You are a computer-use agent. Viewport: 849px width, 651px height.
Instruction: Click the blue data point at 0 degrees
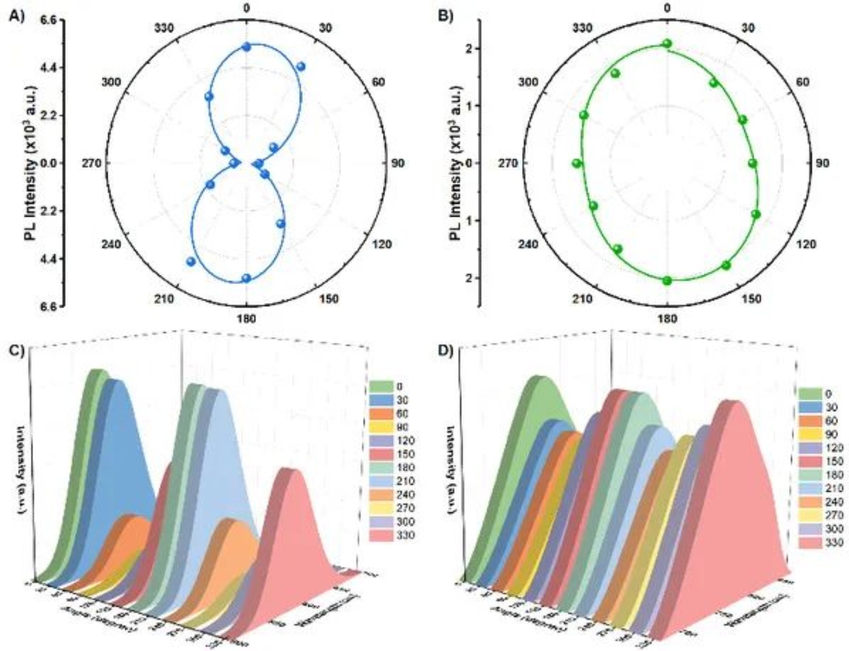(246, 47)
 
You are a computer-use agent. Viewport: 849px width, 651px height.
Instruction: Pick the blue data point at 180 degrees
(246, 278)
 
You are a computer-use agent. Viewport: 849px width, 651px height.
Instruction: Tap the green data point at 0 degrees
(667, 44)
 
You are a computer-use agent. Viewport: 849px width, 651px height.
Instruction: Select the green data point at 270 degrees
(577, 163)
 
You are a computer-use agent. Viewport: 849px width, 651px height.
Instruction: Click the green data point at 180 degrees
(667, 281)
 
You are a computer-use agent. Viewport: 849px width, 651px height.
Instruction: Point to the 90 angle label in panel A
(397, 163)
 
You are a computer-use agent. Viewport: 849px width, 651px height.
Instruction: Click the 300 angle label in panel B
(527, 82)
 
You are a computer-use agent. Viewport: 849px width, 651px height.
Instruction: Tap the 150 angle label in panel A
(329, 298)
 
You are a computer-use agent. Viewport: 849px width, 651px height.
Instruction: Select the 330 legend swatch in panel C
(380, 535)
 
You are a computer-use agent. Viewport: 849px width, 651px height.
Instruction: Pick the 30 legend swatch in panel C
(380, 400)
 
